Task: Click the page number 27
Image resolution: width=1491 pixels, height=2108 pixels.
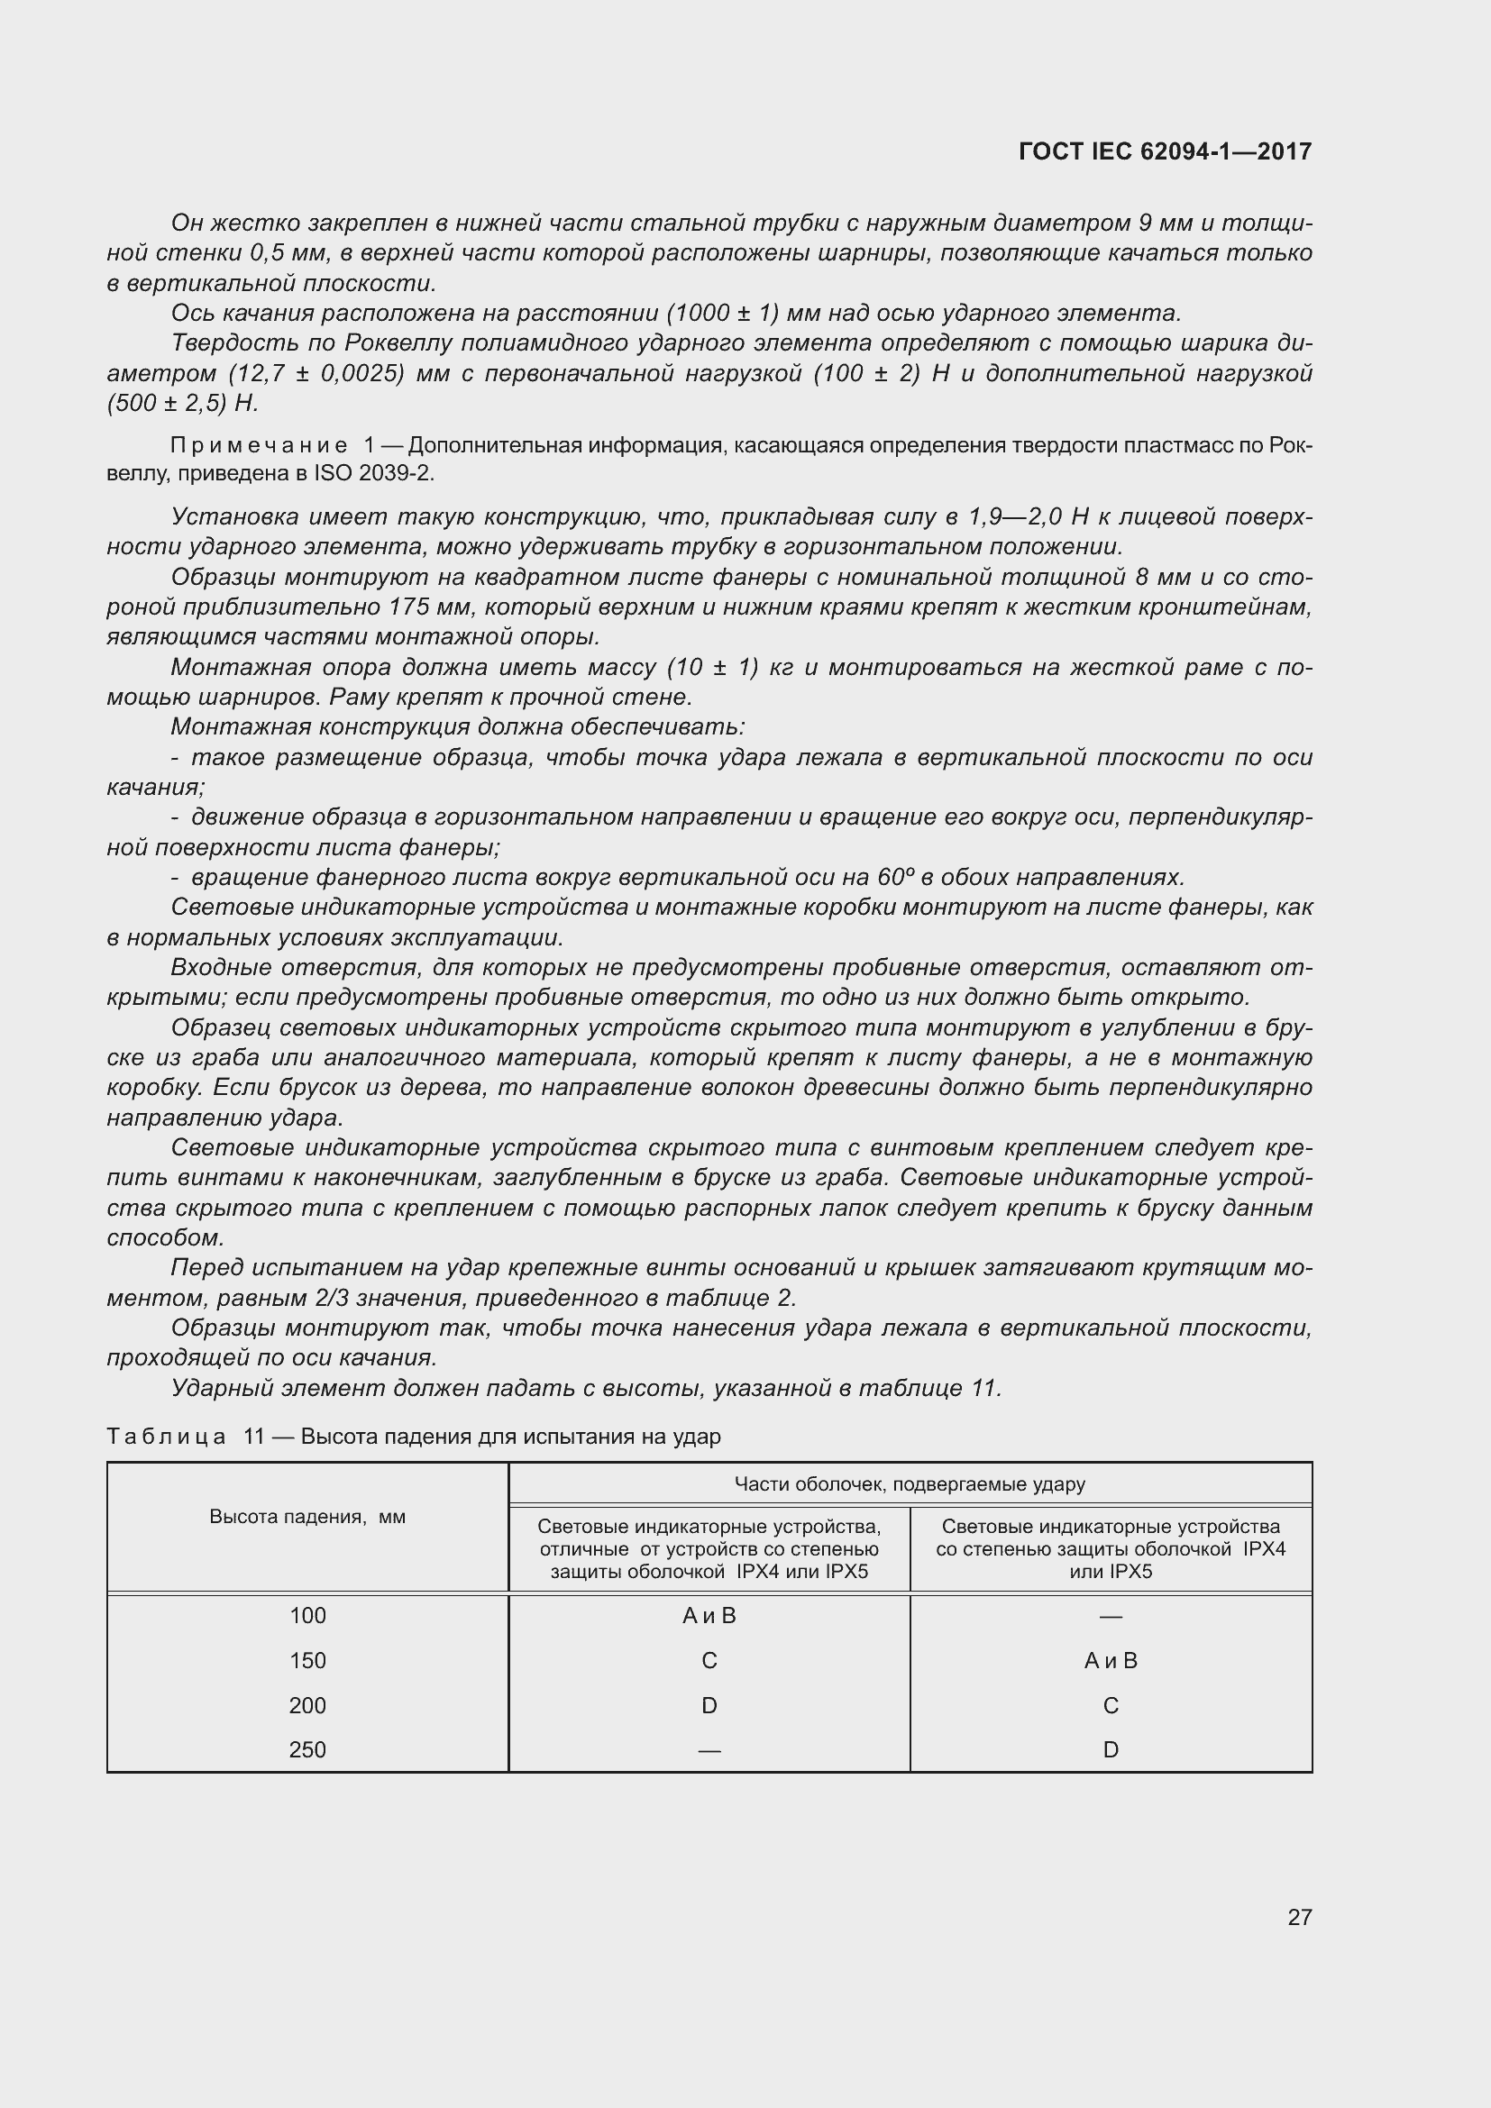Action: pos(1299,1916)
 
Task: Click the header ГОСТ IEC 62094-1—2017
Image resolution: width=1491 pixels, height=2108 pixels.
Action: pos(1165,151)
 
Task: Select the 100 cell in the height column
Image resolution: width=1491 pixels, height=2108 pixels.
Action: pos(307,1615)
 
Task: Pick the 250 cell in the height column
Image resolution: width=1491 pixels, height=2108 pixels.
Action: pos(307,1749)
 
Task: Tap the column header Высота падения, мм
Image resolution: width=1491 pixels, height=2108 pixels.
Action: pos(307,1517)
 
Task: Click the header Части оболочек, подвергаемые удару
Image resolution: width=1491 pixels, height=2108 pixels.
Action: pos(909,1483)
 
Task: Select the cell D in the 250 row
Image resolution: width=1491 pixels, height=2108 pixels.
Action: pos(1110,1749)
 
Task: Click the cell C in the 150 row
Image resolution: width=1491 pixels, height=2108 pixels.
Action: pos(709,1660)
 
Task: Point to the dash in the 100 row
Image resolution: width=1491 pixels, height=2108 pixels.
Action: pos(1110,1616)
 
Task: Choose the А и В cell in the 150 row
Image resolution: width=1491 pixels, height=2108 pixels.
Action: pos(1110,1660)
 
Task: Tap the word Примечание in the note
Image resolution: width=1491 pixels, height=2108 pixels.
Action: pos(259,445)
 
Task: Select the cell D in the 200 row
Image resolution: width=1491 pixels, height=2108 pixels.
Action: pos(709,1705)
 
